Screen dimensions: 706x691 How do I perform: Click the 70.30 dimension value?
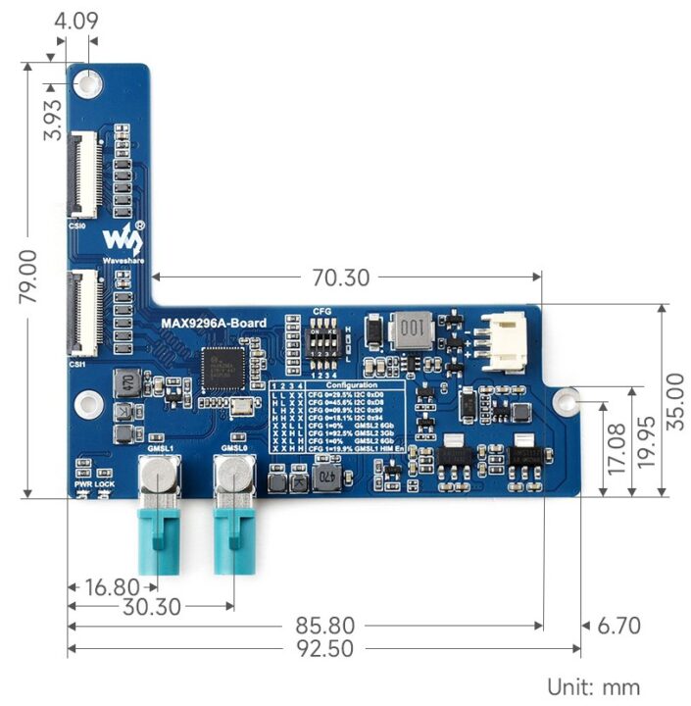(341, 277)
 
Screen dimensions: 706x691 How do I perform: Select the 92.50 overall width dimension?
(324, 649)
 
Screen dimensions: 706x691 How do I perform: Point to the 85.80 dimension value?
(324, 625)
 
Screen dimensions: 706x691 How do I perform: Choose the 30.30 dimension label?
(152, 607)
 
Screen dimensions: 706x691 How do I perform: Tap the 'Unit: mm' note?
(595, 685)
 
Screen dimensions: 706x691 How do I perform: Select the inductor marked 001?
(415, 330)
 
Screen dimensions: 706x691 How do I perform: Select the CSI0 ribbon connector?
(83, 175)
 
